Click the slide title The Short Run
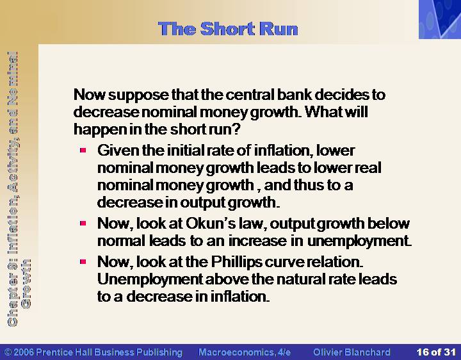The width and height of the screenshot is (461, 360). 228,29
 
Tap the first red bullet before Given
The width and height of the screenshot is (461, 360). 83,151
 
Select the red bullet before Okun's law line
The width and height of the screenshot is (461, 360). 83,224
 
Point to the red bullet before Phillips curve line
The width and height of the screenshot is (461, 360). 83,261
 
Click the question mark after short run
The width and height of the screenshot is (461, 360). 236,129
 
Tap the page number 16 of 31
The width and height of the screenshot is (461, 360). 436,352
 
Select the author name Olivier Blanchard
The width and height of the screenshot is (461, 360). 352,352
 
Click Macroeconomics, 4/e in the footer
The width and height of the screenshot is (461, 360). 245,352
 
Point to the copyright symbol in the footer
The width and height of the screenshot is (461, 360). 8,352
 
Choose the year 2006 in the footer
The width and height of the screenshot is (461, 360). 24,352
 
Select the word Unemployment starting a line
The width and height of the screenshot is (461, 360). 150,279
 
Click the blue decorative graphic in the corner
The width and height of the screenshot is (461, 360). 440,19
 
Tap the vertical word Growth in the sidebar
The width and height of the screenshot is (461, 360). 26,284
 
